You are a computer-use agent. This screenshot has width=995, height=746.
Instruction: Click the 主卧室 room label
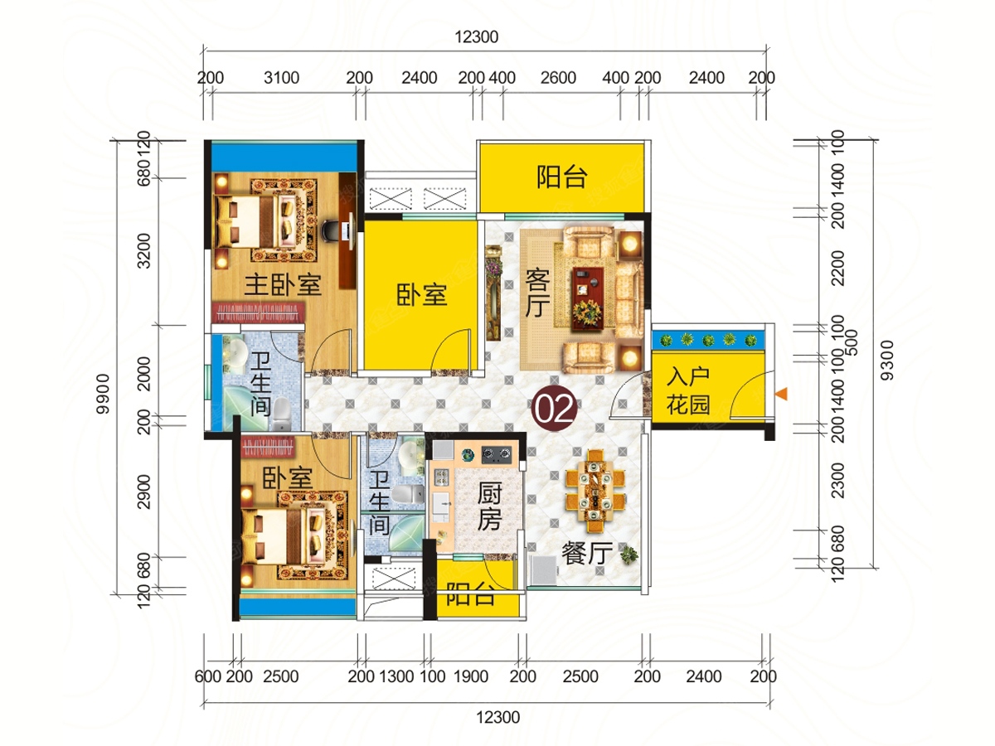tap(283, 285)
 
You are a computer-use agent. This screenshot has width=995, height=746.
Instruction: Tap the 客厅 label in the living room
tap(537, 293)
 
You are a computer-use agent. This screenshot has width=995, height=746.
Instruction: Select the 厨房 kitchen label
tap(489, 506)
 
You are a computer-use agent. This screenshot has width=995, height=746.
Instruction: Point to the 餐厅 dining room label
tap(587, 553)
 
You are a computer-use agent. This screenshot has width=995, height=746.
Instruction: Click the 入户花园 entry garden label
tap(688, 390)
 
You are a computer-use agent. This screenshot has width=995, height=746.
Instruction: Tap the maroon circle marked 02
tap(554, 409)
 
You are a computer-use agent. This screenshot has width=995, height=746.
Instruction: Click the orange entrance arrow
tap(781, 394)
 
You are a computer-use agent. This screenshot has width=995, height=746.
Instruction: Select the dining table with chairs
tap(595, 491)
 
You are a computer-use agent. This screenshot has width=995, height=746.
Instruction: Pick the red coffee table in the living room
tap(588, 297)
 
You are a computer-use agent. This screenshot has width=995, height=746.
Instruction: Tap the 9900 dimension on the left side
tap(104, 394)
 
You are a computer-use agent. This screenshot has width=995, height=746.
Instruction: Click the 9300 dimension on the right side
tap(887, 361)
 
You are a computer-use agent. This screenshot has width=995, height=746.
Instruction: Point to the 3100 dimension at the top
tap(281, 78)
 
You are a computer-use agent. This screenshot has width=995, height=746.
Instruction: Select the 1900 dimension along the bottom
tap(471, 676)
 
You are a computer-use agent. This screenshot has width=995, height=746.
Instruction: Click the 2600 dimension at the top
tap(558, 78)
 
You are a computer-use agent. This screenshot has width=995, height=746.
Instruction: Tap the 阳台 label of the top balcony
tap(562, 177)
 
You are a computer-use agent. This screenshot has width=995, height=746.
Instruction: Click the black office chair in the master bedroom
tap(331, 230)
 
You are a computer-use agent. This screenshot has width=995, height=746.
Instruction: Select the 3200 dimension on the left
tap(143, 251)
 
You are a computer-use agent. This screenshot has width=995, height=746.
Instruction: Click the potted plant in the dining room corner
tap(629, 555)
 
